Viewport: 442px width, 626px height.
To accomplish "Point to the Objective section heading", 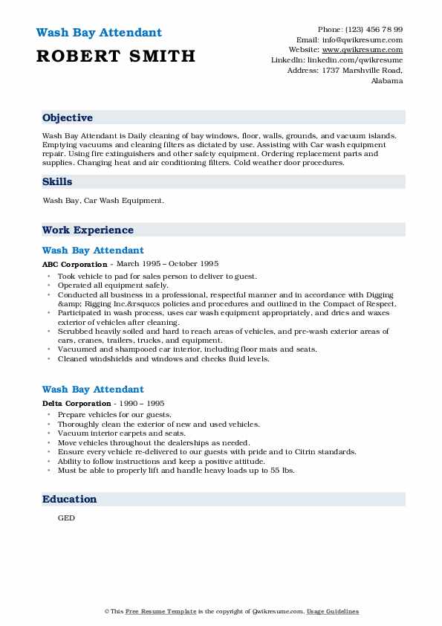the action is click(x=68, y=117).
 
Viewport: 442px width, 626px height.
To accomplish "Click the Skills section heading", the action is click(x=57, y=181).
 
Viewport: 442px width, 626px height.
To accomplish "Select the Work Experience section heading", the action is click(x=88, y=230).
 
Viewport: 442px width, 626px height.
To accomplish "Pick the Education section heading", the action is click(x=69, y=499).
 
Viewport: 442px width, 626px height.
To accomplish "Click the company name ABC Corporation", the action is click(x=74, y=264).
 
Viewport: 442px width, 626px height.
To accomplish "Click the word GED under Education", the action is click(x=66, y=518).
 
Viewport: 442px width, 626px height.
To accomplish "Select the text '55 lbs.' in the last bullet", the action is click(x=281, y=470).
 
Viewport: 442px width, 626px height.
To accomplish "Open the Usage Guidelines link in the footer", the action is click(x=334, y=612).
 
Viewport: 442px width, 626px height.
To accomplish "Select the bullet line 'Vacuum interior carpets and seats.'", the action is click(x=122, y=433).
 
